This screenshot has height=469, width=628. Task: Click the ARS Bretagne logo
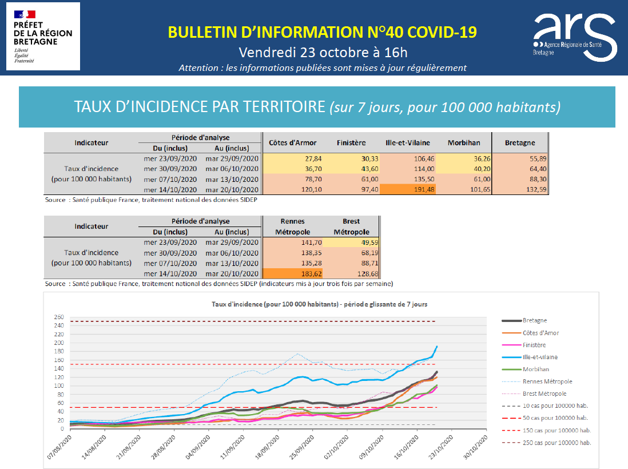(574, 37)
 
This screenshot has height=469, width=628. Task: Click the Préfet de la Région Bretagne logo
(43, 37)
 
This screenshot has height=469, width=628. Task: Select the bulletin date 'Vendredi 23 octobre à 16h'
(323, 53)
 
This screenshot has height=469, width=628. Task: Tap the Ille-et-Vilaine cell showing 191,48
(407, 189)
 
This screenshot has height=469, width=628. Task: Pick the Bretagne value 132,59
(520, 189)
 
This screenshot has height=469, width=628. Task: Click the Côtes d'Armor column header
(292, 143)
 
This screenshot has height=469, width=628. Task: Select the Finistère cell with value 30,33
(351, 158)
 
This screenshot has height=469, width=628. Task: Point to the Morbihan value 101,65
(464, 189)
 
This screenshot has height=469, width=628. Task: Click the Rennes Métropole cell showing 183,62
(293, 273)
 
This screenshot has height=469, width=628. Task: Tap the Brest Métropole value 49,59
(351, 243)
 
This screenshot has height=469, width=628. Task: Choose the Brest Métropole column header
(351, 226)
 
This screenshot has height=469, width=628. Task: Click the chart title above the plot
(319, 304)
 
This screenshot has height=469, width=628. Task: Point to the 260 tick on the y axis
(59, 317)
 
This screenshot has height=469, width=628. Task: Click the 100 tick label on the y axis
(59, 385)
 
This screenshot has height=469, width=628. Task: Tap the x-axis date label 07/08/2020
(59, 447)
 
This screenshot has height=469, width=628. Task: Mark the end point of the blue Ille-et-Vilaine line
(436, 347)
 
